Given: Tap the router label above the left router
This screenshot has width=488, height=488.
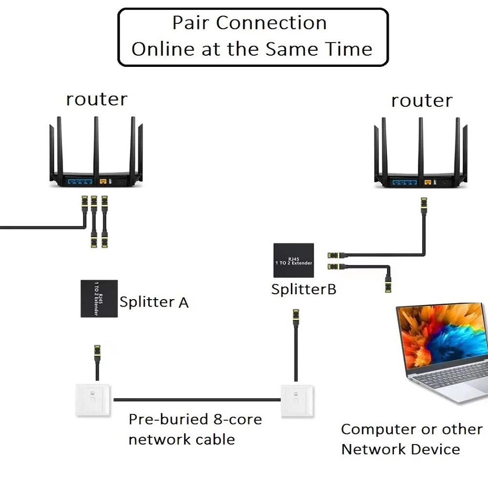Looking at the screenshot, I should coord(97,99).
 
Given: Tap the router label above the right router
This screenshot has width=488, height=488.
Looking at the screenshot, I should coord(422,101).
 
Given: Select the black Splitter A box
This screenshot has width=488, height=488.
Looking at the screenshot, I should coord(99,299).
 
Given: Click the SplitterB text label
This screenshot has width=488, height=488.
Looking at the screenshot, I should coord(304,289).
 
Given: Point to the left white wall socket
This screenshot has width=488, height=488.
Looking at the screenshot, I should coord(93,400).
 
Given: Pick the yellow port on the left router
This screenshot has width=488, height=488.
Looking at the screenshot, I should coord(103,182).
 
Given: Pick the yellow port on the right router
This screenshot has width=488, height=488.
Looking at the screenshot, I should coord(428,183).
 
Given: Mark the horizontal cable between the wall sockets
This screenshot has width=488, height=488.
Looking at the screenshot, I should coord(197,400).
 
